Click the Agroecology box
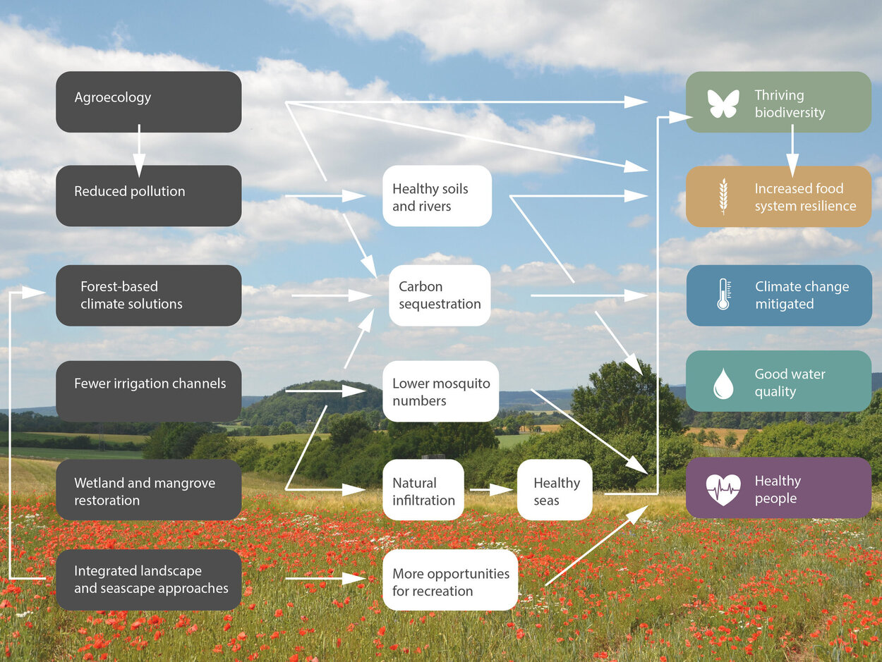pyautogui.click(x=148, y=102)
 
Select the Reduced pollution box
pyautogui.click(x=148, y=195)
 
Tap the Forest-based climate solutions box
pyautogui.click(x=148, y=295)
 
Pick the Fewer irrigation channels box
pyautogui.click(x=148, y=391)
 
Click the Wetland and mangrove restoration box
pyautogui.click(x=148, y=490)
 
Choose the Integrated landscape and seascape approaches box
pyautogui.click(x=148, y=580)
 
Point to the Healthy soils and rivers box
pyautogui.click(x=437, y=196)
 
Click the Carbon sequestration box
pyautogui.click(x=440, y=295)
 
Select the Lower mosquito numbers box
pyautogui.click(x=440, y=391)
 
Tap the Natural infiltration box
pyautogui.click(x=423, y=490)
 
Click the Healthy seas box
pyautogui.click(x=555, y=490)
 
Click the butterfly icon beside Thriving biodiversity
pyautogui.click(x=723, y=103)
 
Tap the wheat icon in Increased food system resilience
pyautogui.click(x=723, y=196)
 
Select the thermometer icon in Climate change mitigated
pyautogui.click(x=723, y=295)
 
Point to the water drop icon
pyautogui.click(x=723, y=383)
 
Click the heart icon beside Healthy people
pyautogui.click(x=723, y=489)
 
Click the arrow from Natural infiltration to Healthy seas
pyautogui.click(x=491, y=489)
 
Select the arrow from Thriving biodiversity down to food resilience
pyautogui.click(x=792, y=149)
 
